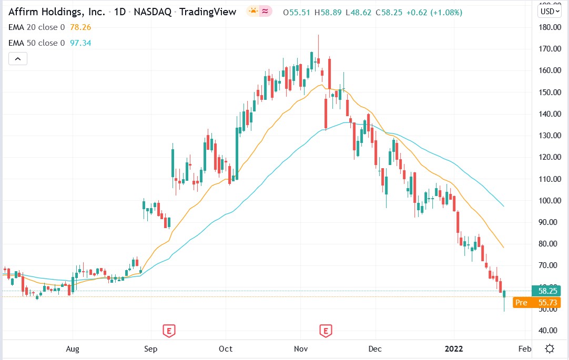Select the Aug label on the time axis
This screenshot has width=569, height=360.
73,349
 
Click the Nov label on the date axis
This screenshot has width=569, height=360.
301,349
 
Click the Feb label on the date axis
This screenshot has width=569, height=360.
524,349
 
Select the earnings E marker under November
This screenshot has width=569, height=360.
326,331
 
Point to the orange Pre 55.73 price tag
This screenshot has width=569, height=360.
537,302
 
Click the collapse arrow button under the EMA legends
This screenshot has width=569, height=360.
17,59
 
